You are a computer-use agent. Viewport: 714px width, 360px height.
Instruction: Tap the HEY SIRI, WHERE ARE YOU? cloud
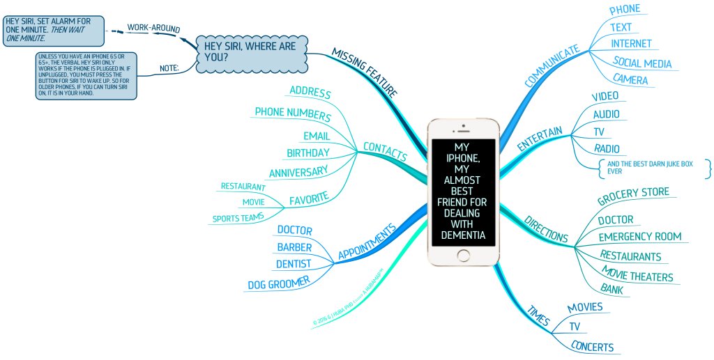tap(249, 52)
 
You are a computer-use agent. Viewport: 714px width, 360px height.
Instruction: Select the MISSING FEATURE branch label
tap(365, 72)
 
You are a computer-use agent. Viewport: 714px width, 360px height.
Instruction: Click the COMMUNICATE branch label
tap(552, 67)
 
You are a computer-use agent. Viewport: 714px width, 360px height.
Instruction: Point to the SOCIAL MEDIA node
tap(642, 63)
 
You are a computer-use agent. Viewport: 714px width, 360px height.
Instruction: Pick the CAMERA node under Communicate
tap(630, 79)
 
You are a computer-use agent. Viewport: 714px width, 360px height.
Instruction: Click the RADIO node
tap(606, 148)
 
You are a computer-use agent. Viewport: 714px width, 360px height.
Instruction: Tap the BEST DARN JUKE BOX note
tap(653, 168)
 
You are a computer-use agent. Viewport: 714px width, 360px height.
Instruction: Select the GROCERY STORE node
tap(633, 196)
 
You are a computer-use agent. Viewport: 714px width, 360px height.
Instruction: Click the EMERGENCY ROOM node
tap(639, 237)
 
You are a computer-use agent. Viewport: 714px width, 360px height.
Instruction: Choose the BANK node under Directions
tap(612, 288)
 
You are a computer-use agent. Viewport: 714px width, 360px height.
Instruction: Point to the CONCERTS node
tap(592, 347)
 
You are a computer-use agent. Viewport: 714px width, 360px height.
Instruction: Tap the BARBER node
tap(294, 247)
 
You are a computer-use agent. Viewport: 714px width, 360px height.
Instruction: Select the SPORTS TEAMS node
tap(238, 219)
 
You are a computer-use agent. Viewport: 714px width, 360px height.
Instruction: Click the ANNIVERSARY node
tap(298, 171)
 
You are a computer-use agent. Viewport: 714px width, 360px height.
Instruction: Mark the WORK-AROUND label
tap(153, 29)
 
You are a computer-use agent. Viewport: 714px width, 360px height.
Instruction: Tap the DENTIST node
tap(293, 264)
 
